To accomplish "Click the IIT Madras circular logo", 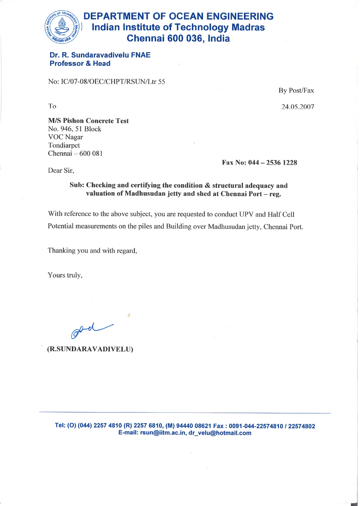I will pos(62,27).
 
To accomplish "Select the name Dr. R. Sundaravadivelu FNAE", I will pos(100,55).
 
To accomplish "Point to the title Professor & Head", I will pos(80,64).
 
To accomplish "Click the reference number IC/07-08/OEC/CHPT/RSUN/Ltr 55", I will pos(113,82).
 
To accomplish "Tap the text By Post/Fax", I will pos(296,91).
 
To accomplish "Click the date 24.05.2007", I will pos(298,107).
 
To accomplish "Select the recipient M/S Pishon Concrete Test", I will pos(88,121).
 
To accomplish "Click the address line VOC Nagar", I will pos(65,137).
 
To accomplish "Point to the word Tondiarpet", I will pos(64,145).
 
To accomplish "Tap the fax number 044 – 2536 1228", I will pos(272,163).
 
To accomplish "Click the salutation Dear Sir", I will pos(61,171).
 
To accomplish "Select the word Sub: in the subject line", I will pos(77,185).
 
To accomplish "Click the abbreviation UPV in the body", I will pos(246,214).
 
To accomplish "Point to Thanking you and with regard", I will pos(92,251).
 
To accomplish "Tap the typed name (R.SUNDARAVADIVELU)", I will pos(90,349).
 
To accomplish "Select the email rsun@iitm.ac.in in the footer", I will pos(163,433).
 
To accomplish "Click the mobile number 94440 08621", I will pos(194,426).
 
